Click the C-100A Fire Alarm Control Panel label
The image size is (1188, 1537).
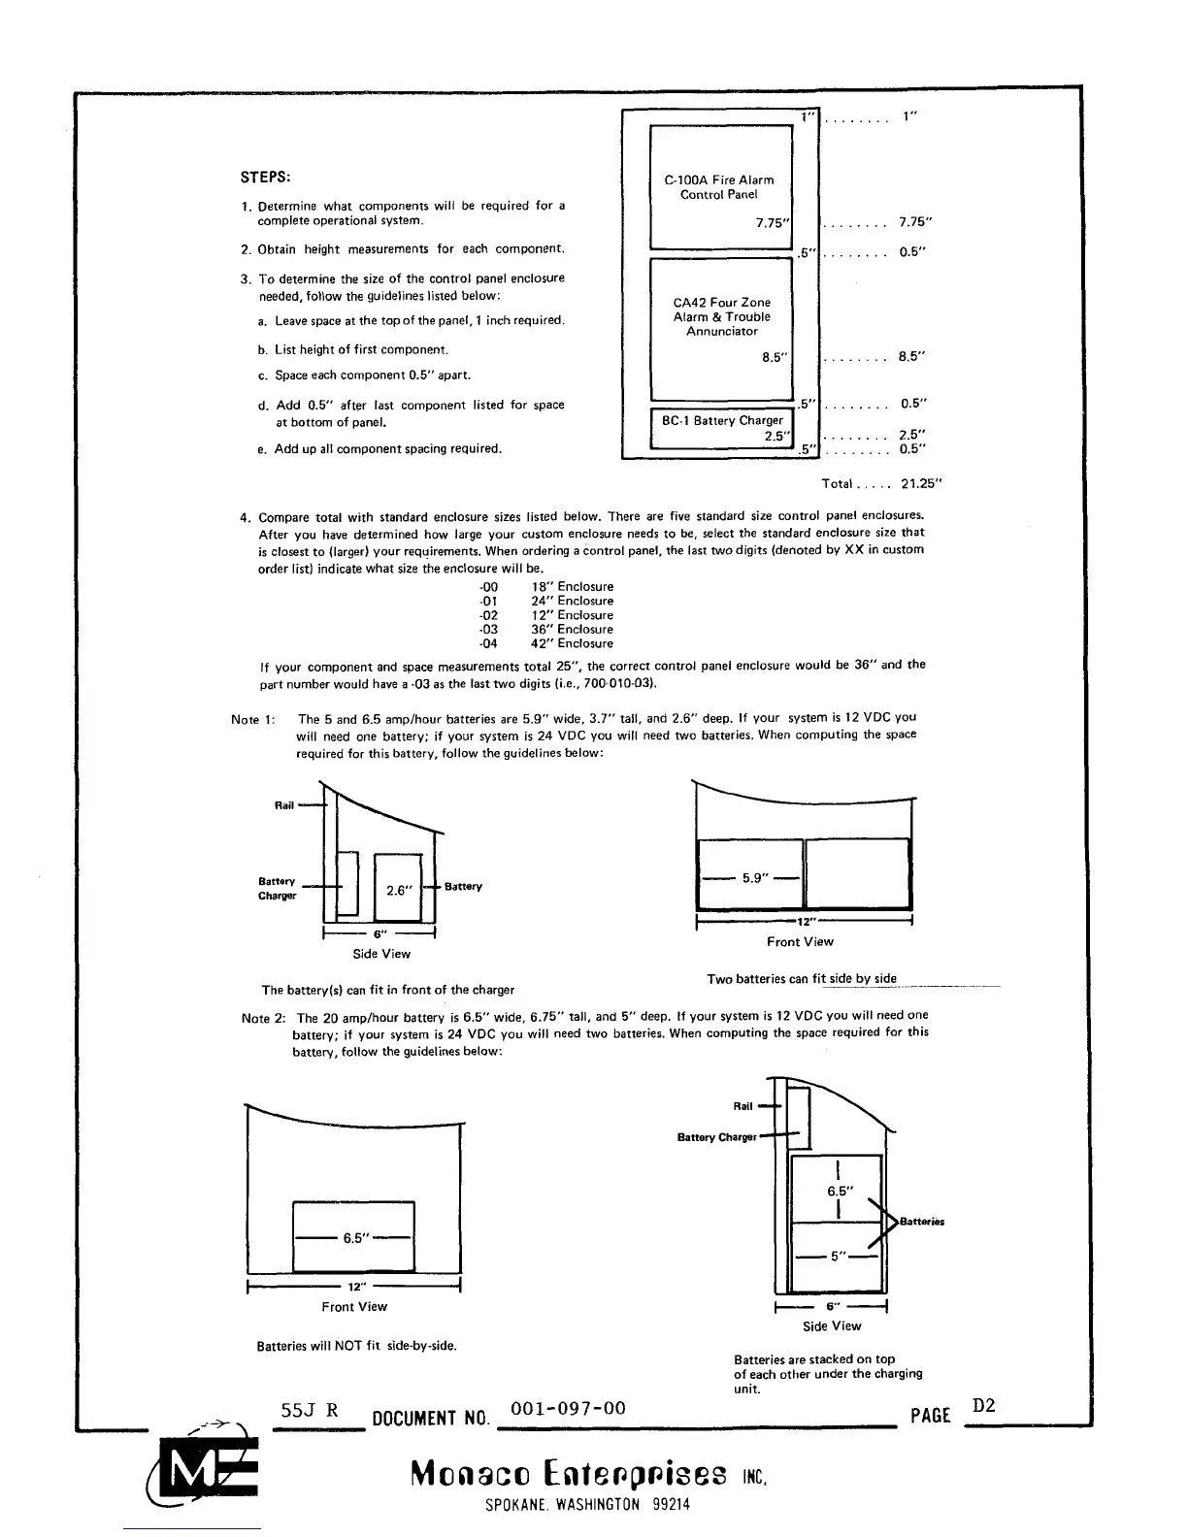(x=718, y=187)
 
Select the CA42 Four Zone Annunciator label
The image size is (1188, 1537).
(x=721, y=316)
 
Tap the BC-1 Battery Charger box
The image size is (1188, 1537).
(x=722, y=428)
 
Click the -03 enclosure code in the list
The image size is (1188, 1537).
(x=488, y=629)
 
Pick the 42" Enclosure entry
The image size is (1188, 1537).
(x=572, y=643)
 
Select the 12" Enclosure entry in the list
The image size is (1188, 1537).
(x=572, y=615)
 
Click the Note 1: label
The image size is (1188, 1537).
(x=253, y=719)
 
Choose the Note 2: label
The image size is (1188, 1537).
(x=263, y=1018)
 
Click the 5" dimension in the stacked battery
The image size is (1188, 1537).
(x=836, y=1257)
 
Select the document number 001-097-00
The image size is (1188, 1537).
(x=568, y=1409)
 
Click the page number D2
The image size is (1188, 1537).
(x=984, y=1406)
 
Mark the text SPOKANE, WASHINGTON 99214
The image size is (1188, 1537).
(x=587, y=1506)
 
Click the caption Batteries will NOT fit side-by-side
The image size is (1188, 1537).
(x=356, y=1346)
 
